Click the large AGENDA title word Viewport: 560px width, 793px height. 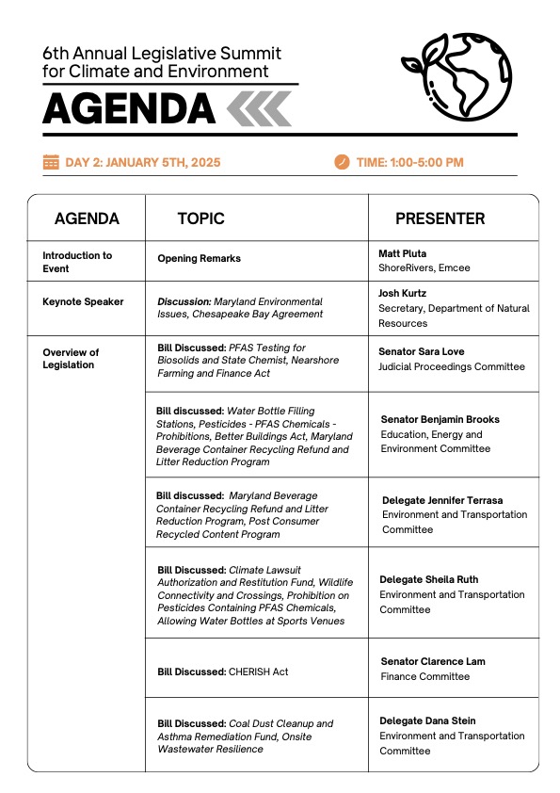[x=128, y=110]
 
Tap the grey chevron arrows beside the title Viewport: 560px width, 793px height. [x=260, y=109]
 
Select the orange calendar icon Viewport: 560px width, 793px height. [x=51, y=163]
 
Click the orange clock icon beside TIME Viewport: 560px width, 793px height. [x=342, y=163]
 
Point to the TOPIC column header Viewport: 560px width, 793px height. [x=200, y=218]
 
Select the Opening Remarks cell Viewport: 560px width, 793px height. [x=199, y=258]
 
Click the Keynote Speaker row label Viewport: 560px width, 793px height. [x=83, y=302]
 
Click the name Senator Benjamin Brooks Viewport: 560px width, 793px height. [x=440, y=419]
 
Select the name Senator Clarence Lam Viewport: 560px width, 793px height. [x=433, y=661]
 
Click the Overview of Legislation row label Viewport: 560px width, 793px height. [x=71, y=359]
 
